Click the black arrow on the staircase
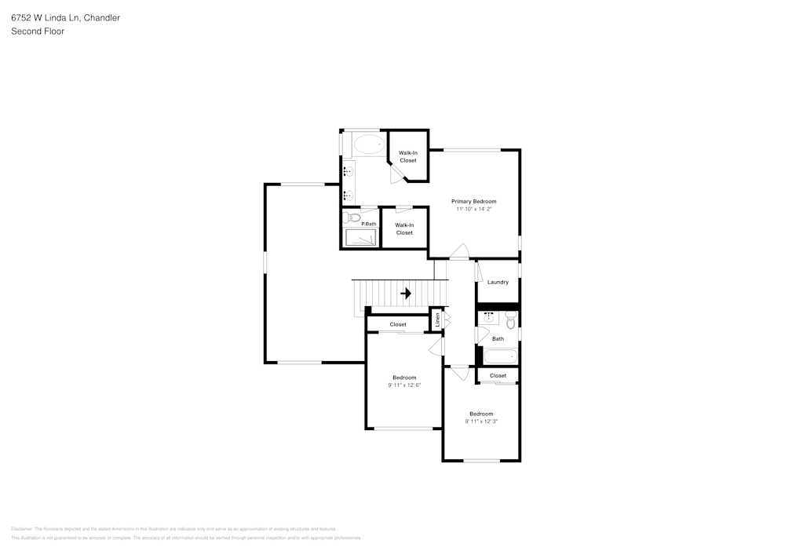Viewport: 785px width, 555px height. click(406, 294)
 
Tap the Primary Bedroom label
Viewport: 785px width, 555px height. click(473, 202)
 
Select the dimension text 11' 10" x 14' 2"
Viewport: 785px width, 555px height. click(473, 210)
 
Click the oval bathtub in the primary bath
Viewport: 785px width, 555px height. click(368, 144)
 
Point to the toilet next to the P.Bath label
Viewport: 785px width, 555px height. click(351, 217)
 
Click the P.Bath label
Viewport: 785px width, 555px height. click(368, 225)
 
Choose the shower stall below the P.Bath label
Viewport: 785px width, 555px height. click(361, 238)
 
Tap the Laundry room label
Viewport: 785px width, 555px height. click(498, 282)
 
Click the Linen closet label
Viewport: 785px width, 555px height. click(437, 319)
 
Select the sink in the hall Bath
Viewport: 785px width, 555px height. click(488, 318)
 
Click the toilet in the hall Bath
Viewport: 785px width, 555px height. click(510, 319)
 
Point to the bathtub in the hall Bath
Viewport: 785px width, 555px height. click(500, 356)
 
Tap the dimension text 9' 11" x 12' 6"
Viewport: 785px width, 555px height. click(404, 385)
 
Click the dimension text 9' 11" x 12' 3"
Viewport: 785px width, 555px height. click(481, 422)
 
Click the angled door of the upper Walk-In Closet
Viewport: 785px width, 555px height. click(396, 174)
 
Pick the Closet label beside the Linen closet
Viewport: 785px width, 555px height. click(398, 324)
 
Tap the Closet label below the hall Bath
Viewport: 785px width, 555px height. click(498, 376)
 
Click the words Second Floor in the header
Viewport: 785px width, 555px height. click(38, 31)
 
